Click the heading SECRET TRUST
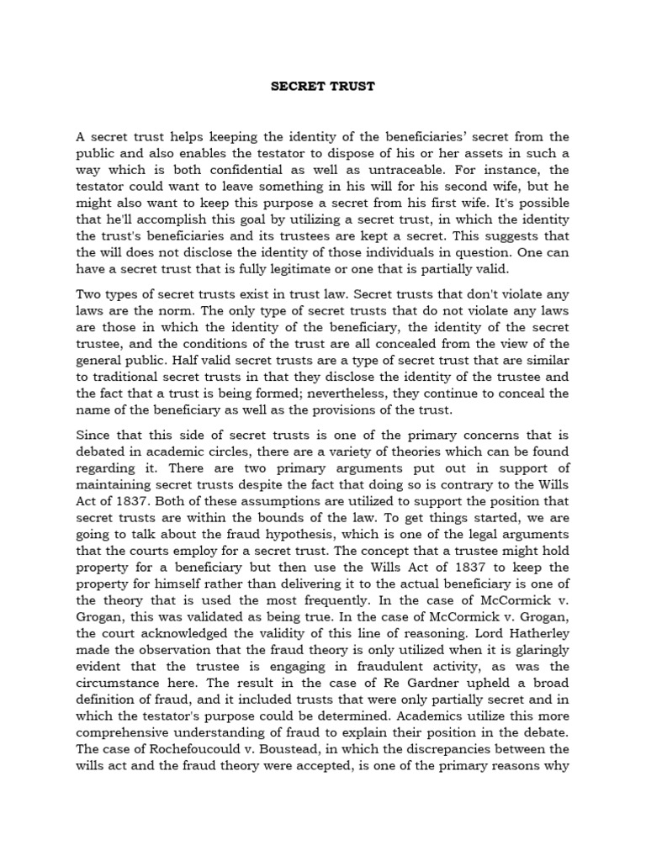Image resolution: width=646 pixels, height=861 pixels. tap(322, 86)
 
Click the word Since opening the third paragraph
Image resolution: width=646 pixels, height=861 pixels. tap(94, 435)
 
